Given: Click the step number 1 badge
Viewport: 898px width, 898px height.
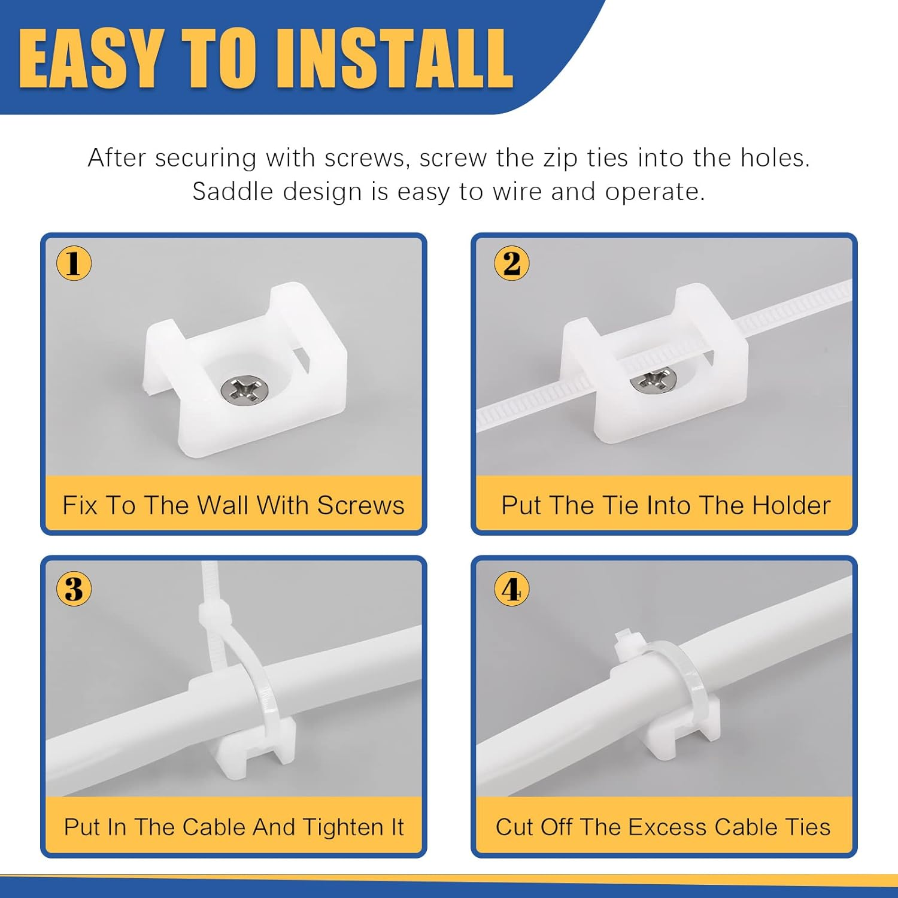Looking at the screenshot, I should (x=74, y=263).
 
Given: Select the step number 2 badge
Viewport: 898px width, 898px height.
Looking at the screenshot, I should (x=511, y=263).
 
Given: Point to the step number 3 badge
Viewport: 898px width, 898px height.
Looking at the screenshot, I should (x=74, y=589).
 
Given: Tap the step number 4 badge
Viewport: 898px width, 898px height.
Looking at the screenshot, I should (x=511, y=589).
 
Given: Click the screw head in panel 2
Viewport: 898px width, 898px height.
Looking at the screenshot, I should (x=653, y=380).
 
